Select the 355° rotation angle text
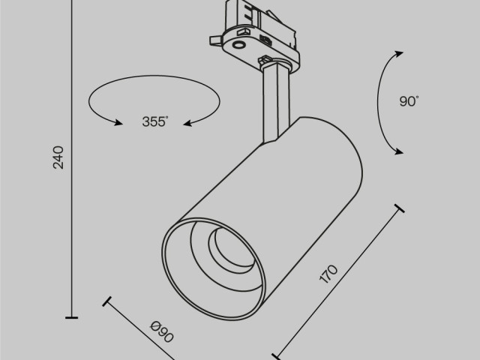point(155,122)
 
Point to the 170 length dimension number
point(331,274)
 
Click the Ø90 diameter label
point(162,331)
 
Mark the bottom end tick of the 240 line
point(72,318)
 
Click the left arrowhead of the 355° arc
point(115,123)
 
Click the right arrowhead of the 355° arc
point(189,122)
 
